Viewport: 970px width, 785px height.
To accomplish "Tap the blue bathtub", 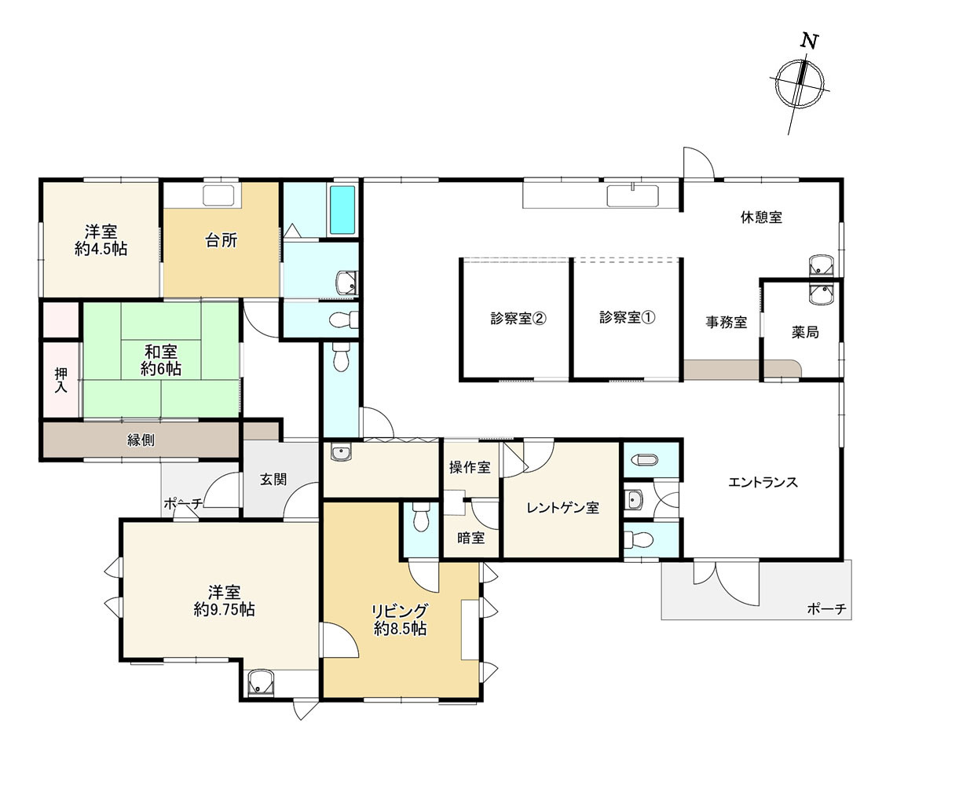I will point(342,209).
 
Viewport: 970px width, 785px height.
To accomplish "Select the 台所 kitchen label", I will point(221,241).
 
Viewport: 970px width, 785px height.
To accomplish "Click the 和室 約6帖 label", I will point(160,360).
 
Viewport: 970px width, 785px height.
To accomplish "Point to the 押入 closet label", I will point(60,380).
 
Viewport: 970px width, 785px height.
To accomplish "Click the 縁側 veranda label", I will point(141,440).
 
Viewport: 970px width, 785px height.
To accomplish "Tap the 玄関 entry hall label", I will point(273,480).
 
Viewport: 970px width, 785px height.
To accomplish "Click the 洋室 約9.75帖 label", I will point(224,601).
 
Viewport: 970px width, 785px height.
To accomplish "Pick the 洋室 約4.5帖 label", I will point(101,240).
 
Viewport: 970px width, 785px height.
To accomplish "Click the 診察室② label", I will point(518,319).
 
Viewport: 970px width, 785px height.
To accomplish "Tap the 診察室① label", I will point(627,318).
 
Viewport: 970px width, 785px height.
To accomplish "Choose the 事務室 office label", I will point(726,322).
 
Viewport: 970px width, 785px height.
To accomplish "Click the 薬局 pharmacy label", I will point(805,332).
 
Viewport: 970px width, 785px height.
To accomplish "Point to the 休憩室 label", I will point(761,217).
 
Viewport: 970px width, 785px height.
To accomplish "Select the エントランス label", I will point(763,482).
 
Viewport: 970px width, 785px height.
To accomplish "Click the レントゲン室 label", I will point(562,508).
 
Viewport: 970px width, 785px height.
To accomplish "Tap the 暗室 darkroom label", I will point(470,539).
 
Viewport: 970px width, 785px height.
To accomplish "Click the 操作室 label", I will point(470,468).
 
